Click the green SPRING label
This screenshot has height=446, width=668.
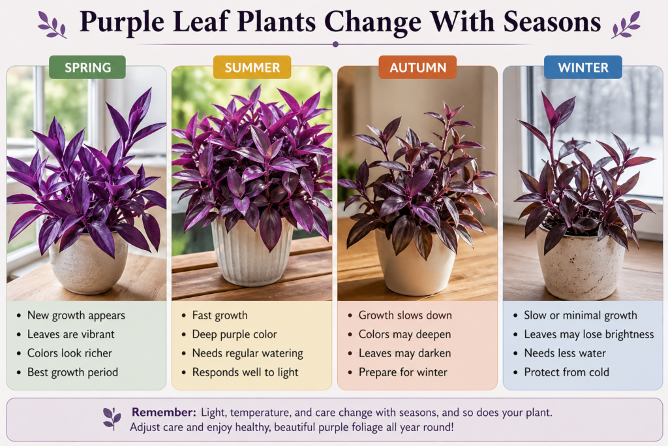(x=87, y=67)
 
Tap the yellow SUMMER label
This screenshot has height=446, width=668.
(x=252, y=67)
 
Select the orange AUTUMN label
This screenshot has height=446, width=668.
(x=417, y=67)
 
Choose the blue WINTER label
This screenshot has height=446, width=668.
(x=583, y=67)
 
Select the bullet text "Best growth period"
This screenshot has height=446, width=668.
(x=72, y=372)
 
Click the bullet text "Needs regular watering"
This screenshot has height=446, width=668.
(x=248, y=353)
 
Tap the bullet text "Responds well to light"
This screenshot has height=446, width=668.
(x=245, y=372)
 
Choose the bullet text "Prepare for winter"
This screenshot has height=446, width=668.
(x=402, y=372)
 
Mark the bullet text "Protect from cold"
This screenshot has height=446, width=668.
(x=566, y=372)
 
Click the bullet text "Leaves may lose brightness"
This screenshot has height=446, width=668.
(x=588, y=334)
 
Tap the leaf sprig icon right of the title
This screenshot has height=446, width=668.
(x=626, y=25)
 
